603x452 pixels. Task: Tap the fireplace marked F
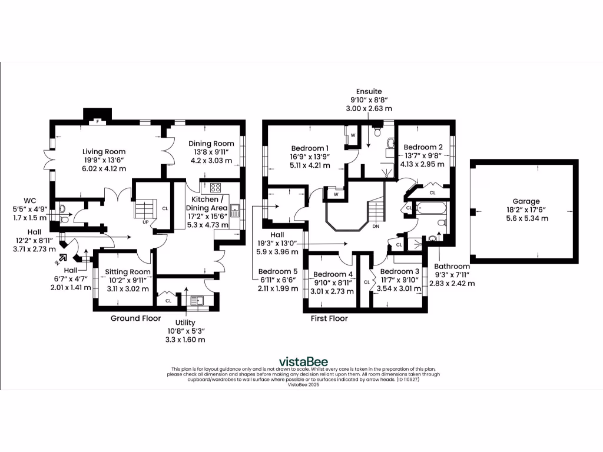(98, 122)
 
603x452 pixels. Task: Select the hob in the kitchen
(214, 188)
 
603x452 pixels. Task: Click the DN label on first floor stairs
(375, 225)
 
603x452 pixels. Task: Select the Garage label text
(525, 201)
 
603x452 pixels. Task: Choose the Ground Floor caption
(135, 318)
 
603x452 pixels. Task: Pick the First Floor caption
(329, 318)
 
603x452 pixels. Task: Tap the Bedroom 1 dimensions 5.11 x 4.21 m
(310, 165)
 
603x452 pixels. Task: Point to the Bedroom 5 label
(278, 271)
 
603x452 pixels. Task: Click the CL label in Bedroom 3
(367, 282)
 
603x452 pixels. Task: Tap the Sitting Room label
(127, 272)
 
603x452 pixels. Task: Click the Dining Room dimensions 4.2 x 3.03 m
(211, 161)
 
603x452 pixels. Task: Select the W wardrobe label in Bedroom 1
(353, 135)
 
